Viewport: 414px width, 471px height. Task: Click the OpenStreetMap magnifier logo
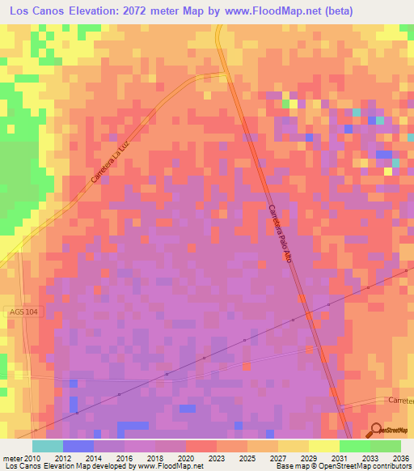(x=378, y=431)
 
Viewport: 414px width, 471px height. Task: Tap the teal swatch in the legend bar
(x=47, y=446)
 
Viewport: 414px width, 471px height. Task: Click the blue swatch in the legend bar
(x=78, y=446)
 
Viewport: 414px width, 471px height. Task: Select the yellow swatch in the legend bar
(x=323, y=446)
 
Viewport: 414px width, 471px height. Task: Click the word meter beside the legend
(x=12, y=458)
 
